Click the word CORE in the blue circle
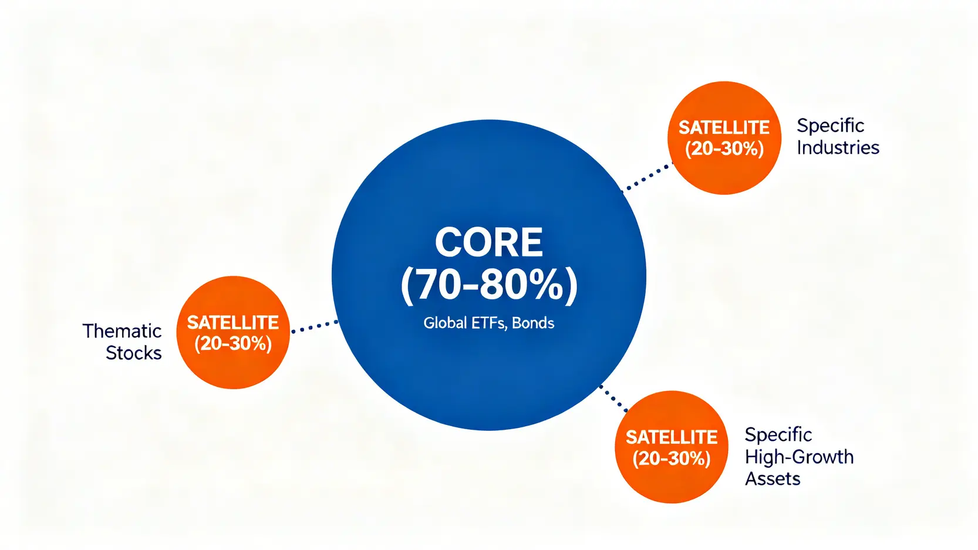[488, 242]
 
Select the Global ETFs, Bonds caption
[488, 323]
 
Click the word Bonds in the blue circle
[532, 323]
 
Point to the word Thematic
[122, 331]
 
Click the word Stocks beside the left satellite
[134, 353]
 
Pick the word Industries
[838, 147]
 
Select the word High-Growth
[799, 457]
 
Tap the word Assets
[773, 479]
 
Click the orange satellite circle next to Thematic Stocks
[233, 333]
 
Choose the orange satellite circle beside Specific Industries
[724, 138]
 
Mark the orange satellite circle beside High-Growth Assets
[672, 447]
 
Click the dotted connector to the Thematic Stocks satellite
[315, 326]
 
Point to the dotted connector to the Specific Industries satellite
[646, 177]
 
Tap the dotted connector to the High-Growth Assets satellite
[613, 398]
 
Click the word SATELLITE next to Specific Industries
[724, 128]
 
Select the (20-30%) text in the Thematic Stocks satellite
[233, 344]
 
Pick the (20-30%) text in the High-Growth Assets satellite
[672, 458]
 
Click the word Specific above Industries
[831, 126]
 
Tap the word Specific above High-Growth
[778, 435]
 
